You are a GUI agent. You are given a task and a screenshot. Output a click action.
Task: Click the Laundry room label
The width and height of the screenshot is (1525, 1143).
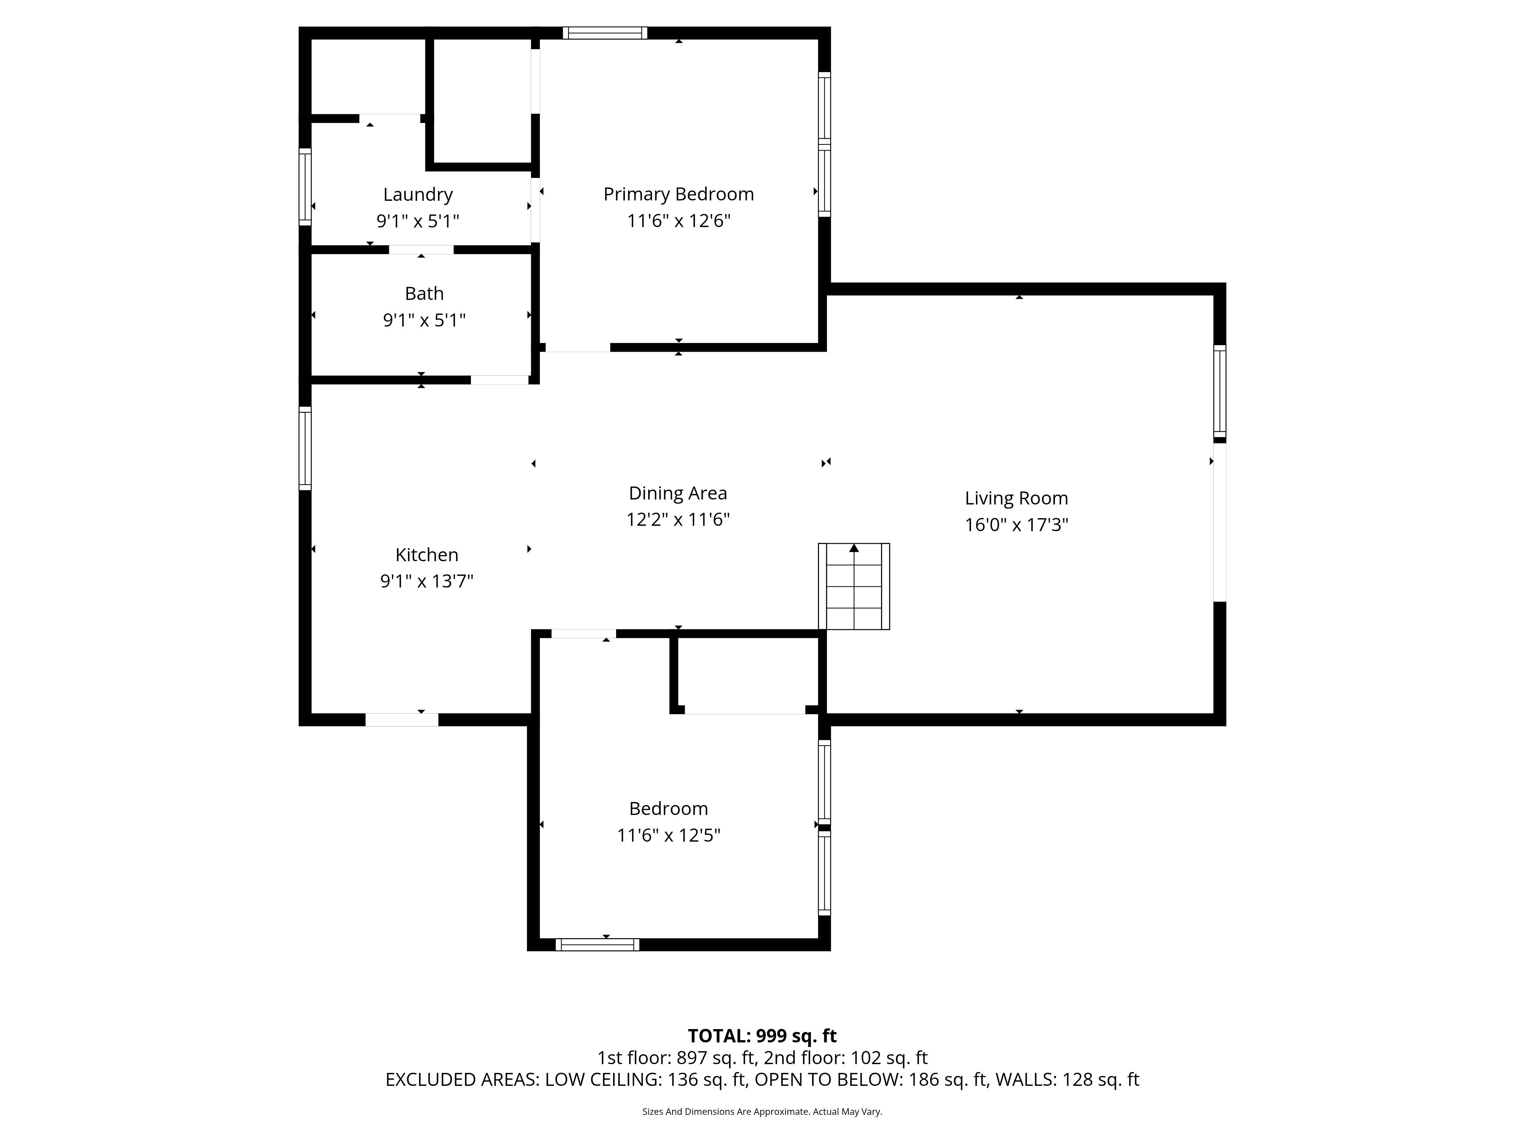[418, 195]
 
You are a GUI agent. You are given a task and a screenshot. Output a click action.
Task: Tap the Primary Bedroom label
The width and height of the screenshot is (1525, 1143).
[678, 194]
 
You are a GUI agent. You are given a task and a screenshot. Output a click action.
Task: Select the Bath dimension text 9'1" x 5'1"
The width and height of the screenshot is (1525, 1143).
[424, 320]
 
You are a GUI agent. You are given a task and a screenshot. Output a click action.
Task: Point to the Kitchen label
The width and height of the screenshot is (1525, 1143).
[427, 555]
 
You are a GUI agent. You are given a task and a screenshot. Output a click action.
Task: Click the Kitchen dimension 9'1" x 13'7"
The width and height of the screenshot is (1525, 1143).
[427, 581]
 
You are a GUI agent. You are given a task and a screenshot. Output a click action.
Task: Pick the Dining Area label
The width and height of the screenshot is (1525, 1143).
[678, 493]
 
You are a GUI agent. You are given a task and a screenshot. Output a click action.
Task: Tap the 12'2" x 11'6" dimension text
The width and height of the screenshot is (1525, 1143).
[678, 519]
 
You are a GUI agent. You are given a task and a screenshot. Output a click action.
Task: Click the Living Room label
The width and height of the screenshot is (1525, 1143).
[1016, 498]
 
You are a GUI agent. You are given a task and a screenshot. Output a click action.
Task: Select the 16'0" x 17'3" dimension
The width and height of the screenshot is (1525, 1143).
[1016, 525]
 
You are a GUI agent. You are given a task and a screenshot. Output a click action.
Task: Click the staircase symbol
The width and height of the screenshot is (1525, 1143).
[854, 586]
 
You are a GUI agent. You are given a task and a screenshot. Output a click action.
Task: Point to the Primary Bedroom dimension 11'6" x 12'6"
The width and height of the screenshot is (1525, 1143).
[678, 221]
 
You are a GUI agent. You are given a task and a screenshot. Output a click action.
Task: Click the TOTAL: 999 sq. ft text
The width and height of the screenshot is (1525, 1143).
[762, 1036]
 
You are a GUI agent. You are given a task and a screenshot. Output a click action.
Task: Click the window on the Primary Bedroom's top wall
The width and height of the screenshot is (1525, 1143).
[605, 32]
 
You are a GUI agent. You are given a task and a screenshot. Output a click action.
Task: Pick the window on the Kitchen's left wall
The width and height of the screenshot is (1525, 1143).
[305, 448]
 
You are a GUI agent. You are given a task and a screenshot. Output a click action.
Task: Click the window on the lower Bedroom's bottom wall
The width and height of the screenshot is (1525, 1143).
[597, 944]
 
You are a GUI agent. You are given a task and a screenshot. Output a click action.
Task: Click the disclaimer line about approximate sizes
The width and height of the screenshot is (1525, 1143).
[762, 1111]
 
